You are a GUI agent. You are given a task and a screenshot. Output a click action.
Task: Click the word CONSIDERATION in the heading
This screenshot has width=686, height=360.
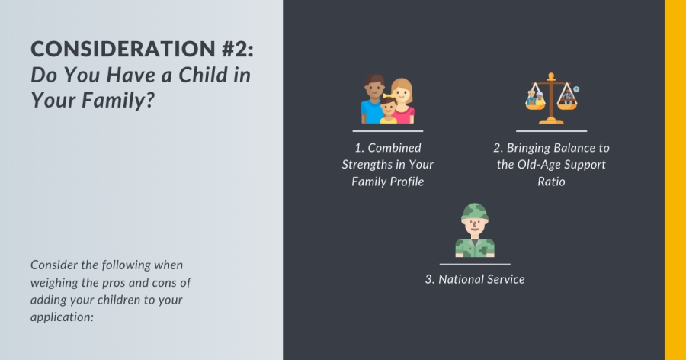coord(123,49)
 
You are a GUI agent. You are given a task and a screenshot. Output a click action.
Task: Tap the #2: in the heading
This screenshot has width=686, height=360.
coord(238,49)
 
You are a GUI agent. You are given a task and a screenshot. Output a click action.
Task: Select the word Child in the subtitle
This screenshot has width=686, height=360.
coord(203,75)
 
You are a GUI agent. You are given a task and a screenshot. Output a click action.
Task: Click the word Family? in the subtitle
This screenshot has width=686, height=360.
coord(118,100)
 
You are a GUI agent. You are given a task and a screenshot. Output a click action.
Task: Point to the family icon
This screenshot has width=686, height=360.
coord(388,99)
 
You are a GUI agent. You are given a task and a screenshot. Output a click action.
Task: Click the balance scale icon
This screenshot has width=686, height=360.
coord(551,98)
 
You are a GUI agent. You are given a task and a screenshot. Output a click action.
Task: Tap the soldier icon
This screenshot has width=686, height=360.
coord(475,230)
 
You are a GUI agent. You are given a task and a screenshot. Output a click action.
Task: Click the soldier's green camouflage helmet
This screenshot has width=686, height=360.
coord(475,211)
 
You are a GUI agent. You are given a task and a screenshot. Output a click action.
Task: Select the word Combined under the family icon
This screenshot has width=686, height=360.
coord(394,148)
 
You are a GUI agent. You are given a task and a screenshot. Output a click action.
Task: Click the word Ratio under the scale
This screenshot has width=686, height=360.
coord(551,182)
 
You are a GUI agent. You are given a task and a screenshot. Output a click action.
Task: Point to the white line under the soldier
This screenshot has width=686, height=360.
coord(475,265)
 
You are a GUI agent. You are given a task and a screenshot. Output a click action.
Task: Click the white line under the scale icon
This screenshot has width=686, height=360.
coord(551,131)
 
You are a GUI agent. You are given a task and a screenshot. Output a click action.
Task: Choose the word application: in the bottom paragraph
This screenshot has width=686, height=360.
coord(63,317)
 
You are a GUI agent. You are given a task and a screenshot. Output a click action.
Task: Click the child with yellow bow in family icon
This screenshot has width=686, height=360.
coord(388,110)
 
